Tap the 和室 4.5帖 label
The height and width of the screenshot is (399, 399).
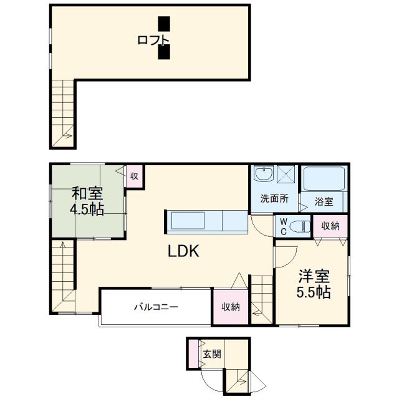(x=87, y=201)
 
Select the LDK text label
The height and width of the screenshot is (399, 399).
(x=182, y=251)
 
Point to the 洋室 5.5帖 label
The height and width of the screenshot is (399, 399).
(x=313, y=284)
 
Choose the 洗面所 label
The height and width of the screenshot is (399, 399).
(x=274, y=200)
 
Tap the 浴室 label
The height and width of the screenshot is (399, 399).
(x=324, y=201)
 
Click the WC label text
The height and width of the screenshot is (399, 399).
(x=283, y=226)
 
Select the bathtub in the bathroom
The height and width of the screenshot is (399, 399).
(x=324, y=180)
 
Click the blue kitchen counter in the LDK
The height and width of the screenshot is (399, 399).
(x=208, y=221)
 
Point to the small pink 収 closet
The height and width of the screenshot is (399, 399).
(x=134, y=175)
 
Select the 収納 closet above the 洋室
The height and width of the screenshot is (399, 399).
(x=330, y=226)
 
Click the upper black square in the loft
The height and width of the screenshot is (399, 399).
(x=163, y=24)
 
